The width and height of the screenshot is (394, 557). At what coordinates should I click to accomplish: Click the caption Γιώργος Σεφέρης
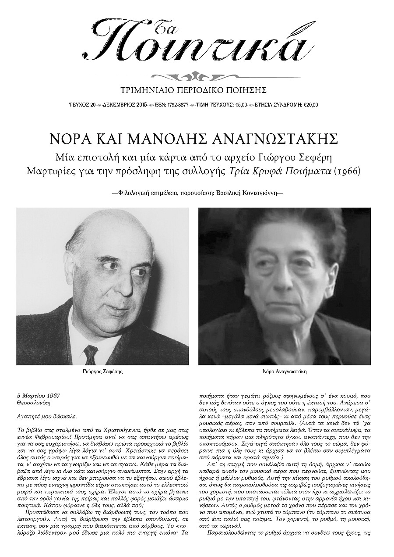point(102,371)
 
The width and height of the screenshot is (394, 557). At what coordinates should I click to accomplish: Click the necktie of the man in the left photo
point(91,354)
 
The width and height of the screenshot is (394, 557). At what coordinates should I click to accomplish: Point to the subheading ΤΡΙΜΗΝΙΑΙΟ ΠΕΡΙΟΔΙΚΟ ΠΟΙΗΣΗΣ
point(197,91)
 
